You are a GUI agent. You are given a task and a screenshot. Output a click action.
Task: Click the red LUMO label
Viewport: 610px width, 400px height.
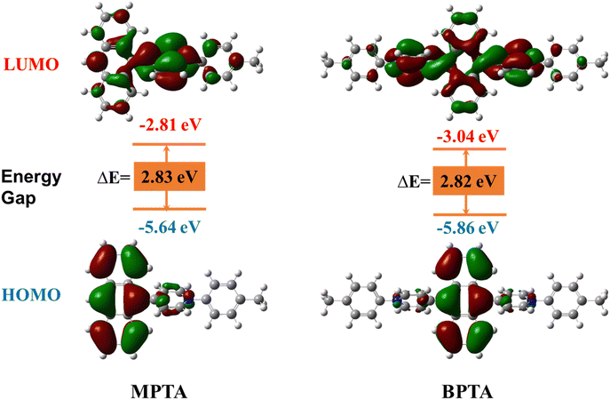coord(31,64)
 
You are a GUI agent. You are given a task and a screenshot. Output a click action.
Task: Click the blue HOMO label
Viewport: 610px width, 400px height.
coord(31,294)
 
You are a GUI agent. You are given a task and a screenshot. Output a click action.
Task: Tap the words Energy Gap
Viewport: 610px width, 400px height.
coord(31,187)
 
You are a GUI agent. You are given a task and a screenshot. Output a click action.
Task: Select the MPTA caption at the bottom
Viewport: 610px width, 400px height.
coord(159,391)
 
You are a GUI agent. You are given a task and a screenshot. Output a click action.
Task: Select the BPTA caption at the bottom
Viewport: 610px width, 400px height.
coord(467,391)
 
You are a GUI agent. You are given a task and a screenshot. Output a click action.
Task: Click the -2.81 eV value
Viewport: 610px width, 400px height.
coord(170,125)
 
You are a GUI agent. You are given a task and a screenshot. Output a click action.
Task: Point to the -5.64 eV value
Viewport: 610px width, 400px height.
coord(170,227)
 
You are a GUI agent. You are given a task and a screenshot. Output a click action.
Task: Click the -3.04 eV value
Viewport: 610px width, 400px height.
coord(467,137)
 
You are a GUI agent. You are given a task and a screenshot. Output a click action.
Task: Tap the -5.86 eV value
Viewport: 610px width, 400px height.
coord(467,228)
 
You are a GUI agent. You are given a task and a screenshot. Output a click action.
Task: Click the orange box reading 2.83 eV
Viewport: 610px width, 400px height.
coord(170,176)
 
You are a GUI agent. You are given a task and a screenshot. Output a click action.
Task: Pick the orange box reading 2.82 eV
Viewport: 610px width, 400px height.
coord(469,180)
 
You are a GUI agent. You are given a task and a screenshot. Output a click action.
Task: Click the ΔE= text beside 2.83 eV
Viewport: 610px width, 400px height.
coord(114,178)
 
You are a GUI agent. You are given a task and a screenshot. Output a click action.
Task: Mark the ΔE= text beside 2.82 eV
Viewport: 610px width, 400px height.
coord(414,182)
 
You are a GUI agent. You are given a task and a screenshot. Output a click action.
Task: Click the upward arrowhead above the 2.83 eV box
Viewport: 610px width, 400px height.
coord(167,148)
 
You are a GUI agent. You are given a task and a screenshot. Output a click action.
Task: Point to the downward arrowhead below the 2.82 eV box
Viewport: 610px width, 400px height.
coord(466,211)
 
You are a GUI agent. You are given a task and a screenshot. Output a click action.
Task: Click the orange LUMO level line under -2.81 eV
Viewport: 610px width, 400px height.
coord(170,145)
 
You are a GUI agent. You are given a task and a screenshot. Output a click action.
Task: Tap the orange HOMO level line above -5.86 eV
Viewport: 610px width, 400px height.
coord(470,215)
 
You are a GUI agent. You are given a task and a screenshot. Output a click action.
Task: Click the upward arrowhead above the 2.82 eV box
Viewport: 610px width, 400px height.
coord(466,153)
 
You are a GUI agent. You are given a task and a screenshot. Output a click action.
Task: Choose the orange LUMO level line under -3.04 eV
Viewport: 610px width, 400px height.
coord(469,148)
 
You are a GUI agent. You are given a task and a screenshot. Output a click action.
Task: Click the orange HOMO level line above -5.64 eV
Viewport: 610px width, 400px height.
coord(170,209)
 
